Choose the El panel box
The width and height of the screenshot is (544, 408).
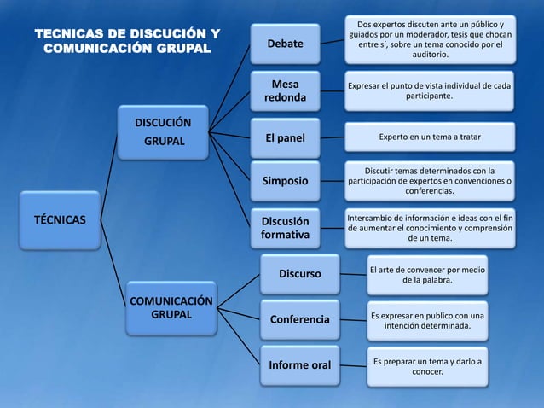pyautogui.click(x=285, y=138)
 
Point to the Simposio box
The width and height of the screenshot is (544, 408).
pyautogui.click(x=285, y=181)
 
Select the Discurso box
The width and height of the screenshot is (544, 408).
pyautogui.click(x=299, y=274)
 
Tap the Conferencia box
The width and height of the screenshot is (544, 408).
pyautogui.click(x=299, y=320)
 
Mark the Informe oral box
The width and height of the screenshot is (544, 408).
pyautogui.click(x=299, y=365)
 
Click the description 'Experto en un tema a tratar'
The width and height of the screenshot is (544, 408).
pyautogui.click(x=430, y=137)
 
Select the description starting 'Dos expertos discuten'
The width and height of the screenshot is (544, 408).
pyautogui.click(x=430, y=39)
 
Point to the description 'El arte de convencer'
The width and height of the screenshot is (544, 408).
pyautogui.click(x=427, y=274)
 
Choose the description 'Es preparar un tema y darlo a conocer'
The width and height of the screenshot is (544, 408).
pyautogui.click(x=427, y=366)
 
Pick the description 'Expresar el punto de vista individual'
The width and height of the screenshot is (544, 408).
pyautogui.click(x=430, y=90)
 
